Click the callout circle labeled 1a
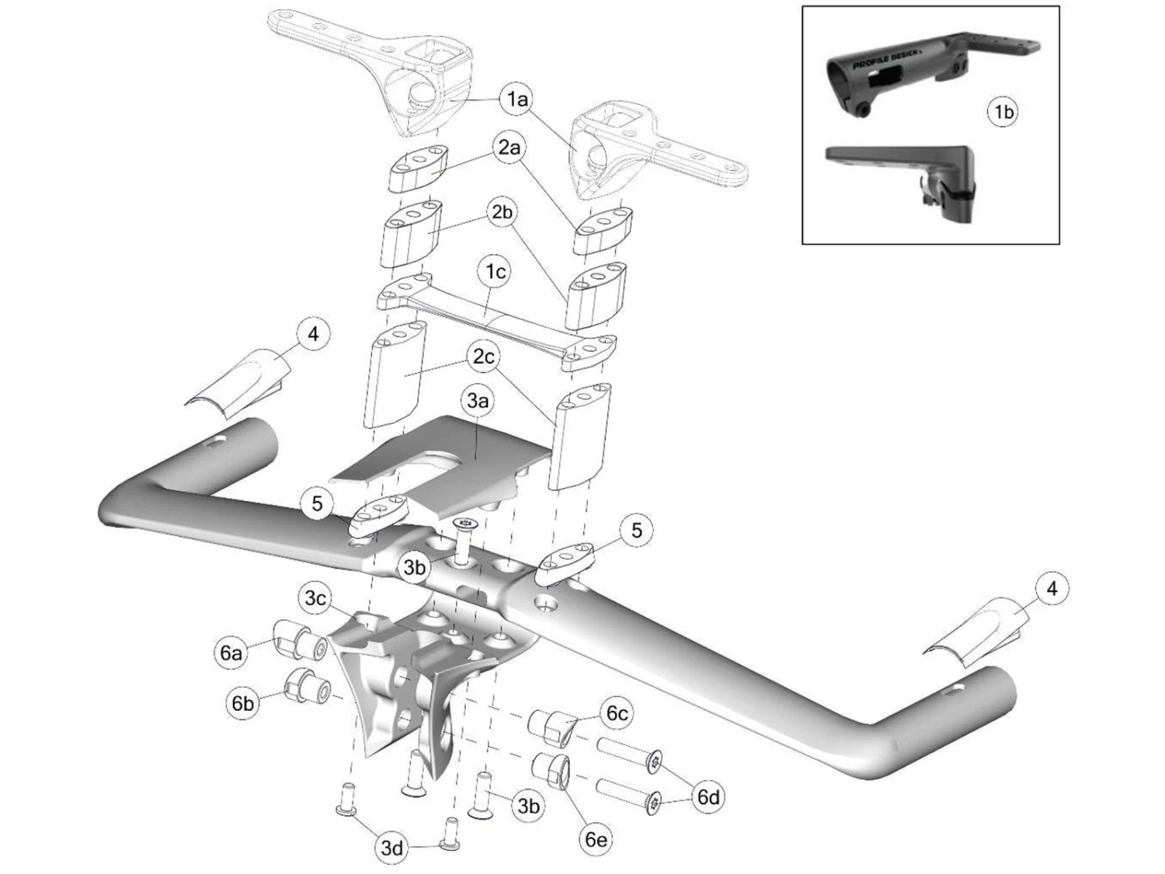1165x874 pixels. tap(517, 99)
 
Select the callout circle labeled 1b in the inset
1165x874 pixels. tap(1003, 113)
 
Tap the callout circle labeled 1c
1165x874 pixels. tap(496, 272)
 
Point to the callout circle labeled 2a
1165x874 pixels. tap(509, 148)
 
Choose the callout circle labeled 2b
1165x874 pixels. tap(503, 211)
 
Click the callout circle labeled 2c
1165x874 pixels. tap(484, 357)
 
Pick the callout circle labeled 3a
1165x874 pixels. tap(478, 402)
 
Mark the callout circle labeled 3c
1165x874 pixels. tap(315, 599)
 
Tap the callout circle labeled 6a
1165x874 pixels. tap(231, 653)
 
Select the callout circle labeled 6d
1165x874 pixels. tap(708, 797)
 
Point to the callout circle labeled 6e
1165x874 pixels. tap(596, 840)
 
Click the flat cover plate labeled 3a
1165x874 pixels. tap(435, 458)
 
